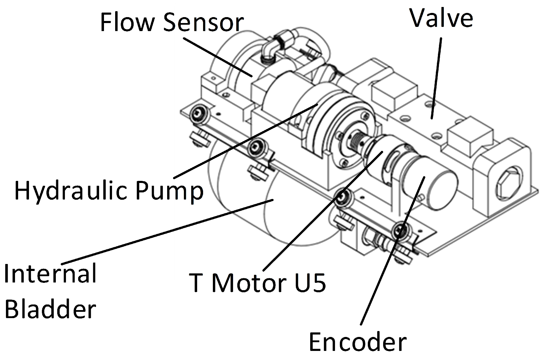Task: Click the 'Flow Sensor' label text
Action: tap(171, 22)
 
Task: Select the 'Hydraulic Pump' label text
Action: tap(109, 191)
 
